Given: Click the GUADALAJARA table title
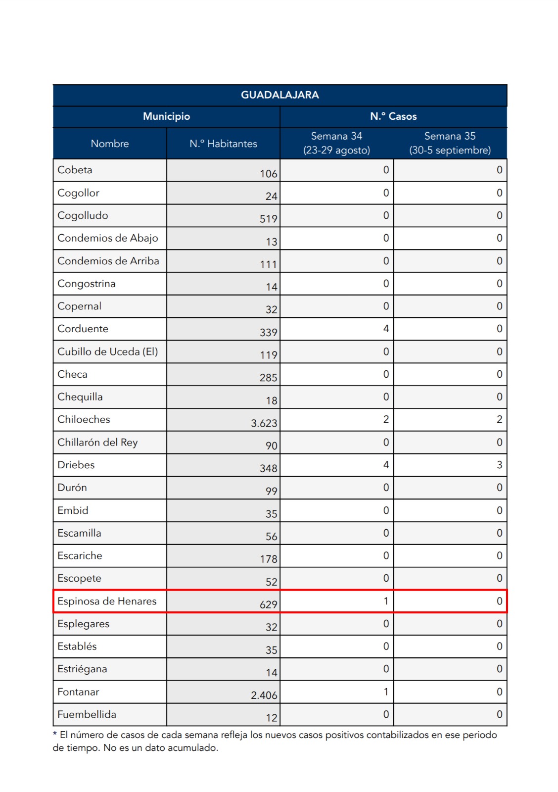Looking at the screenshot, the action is click(279, 95).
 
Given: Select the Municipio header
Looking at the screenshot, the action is click(166, 116).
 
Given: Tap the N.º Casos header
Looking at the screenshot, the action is click(393, 116).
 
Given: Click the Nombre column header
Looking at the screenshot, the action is click(109, 144).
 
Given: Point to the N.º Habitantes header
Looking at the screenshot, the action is click(223, 144).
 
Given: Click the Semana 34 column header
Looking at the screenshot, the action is click(336, 143).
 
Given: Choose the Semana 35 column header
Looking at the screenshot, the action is click(450, 143).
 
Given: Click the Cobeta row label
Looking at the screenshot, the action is click(75, 170).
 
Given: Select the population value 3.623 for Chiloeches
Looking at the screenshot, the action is click(264, 423).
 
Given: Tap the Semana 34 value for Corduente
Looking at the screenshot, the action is click(386, 329).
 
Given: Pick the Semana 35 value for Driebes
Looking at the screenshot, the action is click(499, 465).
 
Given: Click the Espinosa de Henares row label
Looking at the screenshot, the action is click(107, 601).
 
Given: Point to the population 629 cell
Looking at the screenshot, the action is click(268, 604).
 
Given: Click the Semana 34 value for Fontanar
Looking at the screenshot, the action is click(386, 692).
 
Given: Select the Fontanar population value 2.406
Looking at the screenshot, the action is click(264, 695).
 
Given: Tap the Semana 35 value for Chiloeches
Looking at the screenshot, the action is click(499, 419).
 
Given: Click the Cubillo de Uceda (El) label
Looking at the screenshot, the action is click(107, 351).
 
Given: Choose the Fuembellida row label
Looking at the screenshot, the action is click(87, 714).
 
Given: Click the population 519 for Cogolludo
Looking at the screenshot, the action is click(268, 219).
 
